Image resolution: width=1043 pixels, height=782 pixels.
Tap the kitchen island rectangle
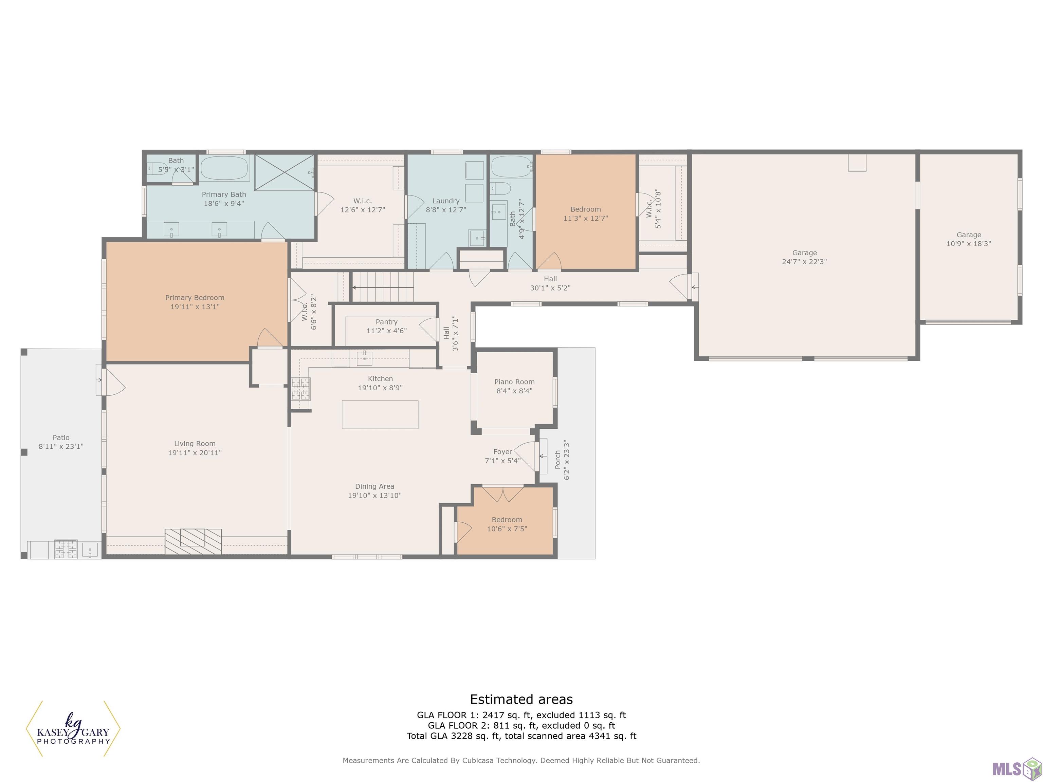click(x=380, y=414)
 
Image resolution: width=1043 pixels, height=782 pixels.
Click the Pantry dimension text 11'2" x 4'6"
click(x=387, y=331)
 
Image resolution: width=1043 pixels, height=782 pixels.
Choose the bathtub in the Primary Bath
click(x=224, y=168)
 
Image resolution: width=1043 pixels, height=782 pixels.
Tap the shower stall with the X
click(x=284, y=172)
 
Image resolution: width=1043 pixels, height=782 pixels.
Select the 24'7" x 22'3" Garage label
click(x=804, y=257)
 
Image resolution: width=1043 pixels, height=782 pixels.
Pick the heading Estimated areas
click(x=521, y=700)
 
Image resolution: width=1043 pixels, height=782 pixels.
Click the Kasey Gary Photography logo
click(x=73, y=729)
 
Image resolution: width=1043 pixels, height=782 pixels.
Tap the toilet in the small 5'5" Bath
click(x=156, y=168)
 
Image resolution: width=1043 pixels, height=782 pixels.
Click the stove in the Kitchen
click(x=300, y=389)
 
